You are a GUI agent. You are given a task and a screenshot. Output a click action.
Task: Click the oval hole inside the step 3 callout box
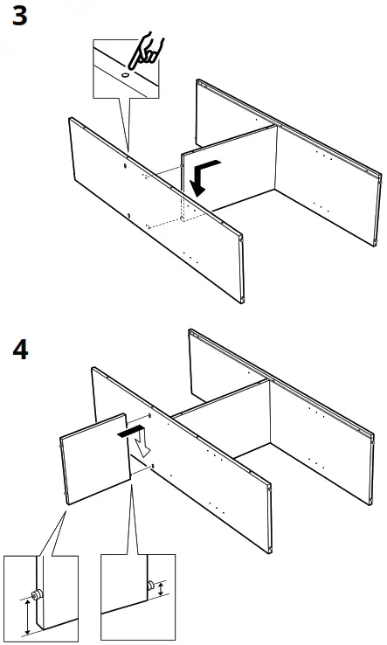(125, 76)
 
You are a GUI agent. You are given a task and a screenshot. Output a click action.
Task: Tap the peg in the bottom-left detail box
(38, 595)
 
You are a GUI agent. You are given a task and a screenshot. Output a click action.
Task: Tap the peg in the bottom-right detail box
(151, 584)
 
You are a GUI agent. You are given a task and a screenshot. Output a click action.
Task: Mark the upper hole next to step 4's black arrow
(149, 419)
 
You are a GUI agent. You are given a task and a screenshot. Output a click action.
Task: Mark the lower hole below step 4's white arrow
(153, 467)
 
